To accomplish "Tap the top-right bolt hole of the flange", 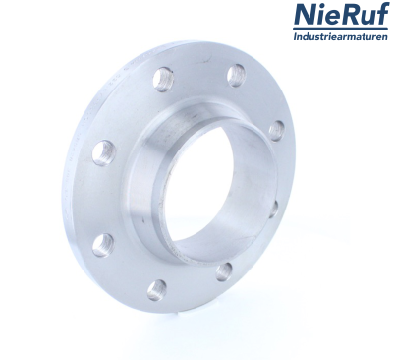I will click(x=236, y=75).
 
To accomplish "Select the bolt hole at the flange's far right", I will click(x=276, y=131).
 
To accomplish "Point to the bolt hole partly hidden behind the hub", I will click(x=273, y=208).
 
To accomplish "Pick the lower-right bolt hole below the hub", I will click(x=223, y=270).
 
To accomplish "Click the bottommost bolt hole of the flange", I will click(x=156, y=288).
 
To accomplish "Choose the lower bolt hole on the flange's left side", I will click(x=103, y=243).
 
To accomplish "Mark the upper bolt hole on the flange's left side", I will click(x=104, y=151).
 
